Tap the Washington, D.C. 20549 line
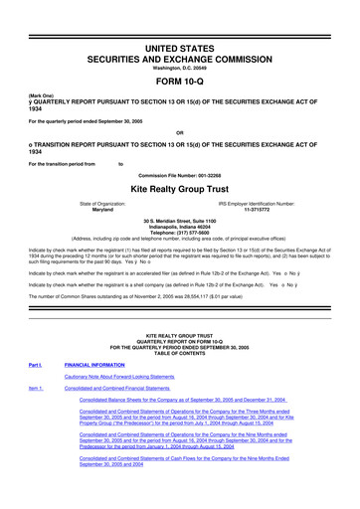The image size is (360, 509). [179, 43]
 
